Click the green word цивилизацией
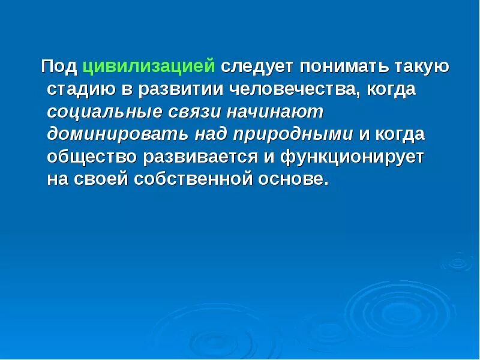(x=149, y=66)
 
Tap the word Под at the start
(x=59, y=66)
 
